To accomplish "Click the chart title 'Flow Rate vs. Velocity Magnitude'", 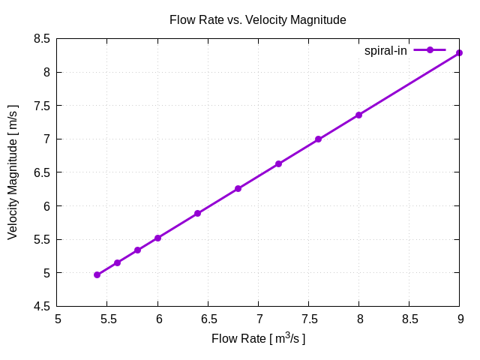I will click(257, 20).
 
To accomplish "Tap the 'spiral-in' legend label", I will click(385, 50).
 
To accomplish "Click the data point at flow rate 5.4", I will click(97, 274).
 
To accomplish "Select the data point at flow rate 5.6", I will click(117, 262).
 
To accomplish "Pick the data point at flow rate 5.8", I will click(137, 250).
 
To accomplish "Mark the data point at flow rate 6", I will click(157, 238).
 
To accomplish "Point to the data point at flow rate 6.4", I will click(198, 214).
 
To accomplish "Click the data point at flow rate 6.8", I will click(238, 189).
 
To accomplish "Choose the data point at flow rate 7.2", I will click(278, 163).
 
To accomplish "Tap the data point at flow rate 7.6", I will click(319, 139).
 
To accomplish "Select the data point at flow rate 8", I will click(358, 115).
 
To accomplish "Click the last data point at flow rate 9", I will click(459, 52).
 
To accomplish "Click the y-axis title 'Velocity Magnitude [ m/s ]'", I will click(13, 172).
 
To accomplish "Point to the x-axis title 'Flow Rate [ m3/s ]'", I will click(258, 338).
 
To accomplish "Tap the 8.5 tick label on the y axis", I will click(42, 39).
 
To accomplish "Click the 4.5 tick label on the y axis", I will click(42, 306).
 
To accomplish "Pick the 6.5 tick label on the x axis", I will click(208, 318).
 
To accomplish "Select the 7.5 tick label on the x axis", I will click(308, 318).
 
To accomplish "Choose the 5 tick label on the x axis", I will click(58, 318).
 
